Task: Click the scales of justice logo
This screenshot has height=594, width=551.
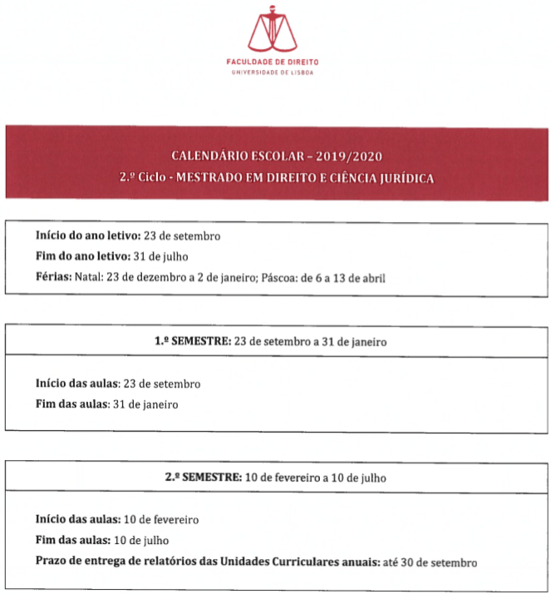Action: click(x=272, y=28)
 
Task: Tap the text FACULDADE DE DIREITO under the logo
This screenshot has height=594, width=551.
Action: click(x=272, y=62)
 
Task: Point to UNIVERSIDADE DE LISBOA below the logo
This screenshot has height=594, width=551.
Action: click(x=272, y=73)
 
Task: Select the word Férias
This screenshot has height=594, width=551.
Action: click(x=54, y=277)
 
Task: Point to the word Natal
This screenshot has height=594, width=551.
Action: click(x=89, y=277)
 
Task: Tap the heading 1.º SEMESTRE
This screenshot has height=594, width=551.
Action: click(x=194, y=341)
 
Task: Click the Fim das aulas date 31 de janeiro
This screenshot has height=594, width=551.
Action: click(x=145, y=404)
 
